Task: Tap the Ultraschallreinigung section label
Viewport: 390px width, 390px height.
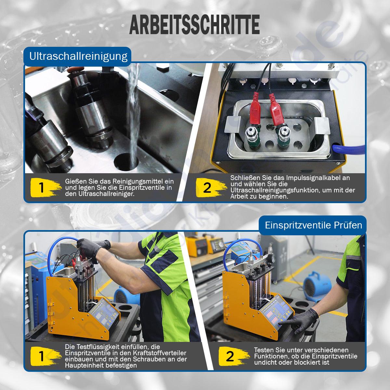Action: click(x=78, y=56)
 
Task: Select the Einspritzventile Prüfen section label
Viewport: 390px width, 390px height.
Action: click(x=313, y=225)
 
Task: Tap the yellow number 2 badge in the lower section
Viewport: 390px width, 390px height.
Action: click(x=230, y=357)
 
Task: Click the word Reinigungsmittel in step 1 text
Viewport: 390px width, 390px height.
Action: click(x=143, y=181)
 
